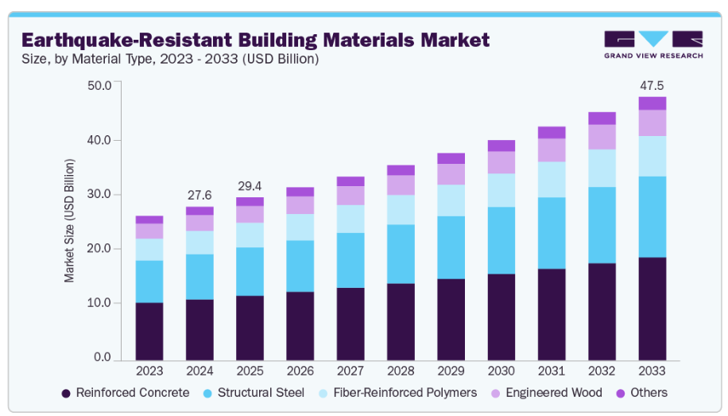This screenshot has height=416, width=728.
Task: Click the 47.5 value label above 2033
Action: coord(652,85)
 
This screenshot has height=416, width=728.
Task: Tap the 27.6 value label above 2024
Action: coord(199,195)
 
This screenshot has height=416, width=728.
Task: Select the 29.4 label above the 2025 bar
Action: coord(250,186)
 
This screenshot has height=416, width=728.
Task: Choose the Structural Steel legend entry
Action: coord(254,392)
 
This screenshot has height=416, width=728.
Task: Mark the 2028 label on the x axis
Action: coord(401,371)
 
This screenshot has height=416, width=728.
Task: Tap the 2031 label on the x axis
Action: coord(552,371)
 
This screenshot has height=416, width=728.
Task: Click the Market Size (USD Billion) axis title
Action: coord(70,220)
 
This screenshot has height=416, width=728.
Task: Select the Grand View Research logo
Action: coord(653,44)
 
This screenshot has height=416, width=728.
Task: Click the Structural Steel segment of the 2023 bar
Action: coord(149,282)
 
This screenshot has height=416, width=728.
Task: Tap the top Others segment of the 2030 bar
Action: coord(501,146)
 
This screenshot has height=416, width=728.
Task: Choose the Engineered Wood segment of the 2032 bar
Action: coord(602,137)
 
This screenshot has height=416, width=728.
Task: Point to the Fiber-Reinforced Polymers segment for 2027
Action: coord(350,219)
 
